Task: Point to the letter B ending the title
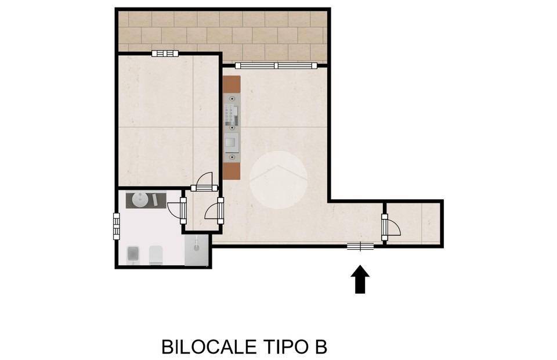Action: click(321, 347)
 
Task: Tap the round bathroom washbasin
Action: click(140, 200)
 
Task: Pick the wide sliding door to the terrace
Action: click(277, 66)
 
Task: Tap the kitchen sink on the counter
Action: click(232, 141)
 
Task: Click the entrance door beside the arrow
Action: click(360, 247)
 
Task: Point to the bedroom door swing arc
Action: click(204, 182)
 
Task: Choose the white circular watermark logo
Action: click(278, 180)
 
